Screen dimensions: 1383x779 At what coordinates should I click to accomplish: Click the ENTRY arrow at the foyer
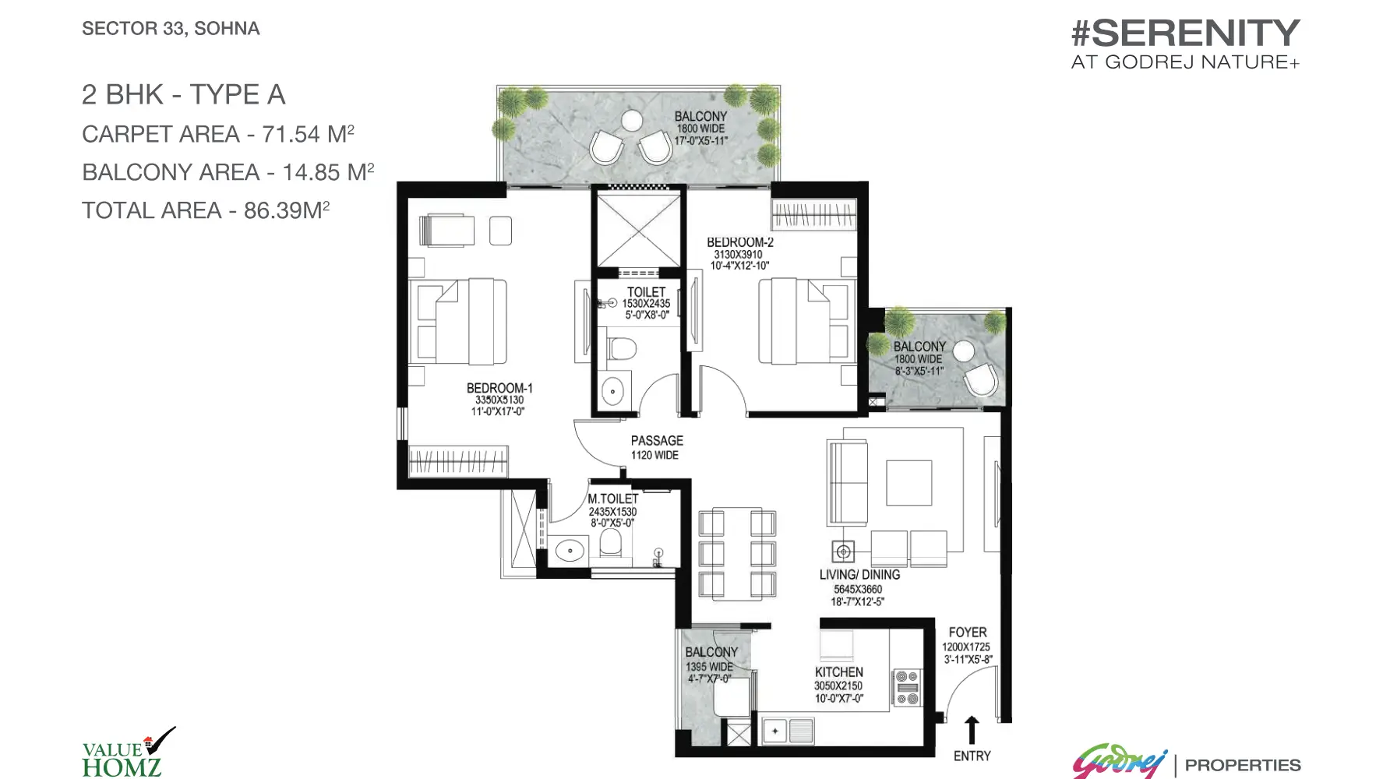click(x=972, y=731)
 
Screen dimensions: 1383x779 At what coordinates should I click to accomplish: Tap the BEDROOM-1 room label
click(x=499, y=388)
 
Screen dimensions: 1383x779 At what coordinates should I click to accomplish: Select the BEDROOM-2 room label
click(x=739, y=242)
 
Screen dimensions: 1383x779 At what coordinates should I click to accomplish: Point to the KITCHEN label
click(x=839, y=671)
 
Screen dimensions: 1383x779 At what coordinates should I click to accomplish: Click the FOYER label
click(x=968, y=633)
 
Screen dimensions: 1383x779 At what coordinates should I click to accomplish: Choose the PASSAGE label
click(x=657, y=441)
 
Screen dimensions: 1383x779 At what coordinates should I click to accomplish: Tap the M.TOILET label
click(x=613, y=499)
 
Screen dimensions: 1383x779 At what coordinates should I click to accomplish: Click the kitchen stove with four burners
click(x=906, y=688)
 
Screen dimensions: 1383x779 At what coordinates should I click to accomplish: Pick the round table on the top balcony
click(x=630, y=120)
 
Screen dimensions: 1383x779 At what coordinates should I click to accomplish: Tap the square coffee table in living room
click(x=908, y=483)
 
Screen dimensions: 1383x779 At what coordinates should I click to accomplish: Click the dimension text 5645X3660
click(x=859, y=590)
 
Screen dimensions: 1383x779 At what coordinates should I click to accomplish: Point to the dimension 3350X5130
click(x=499, y=400)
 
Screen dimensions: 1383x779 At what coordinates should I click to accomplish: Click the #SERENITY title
click(x=1185, y=33)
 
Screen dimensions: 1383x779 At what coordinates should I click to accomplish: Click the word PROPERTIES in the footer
click(x=1243, y=765)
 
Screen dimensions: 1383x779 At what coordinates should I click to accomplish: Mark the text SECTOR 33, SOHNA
click(x=171, y=29)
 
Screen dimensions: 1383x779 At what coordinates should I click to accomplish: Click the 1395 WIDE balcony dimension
click(x=709, y=667)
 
